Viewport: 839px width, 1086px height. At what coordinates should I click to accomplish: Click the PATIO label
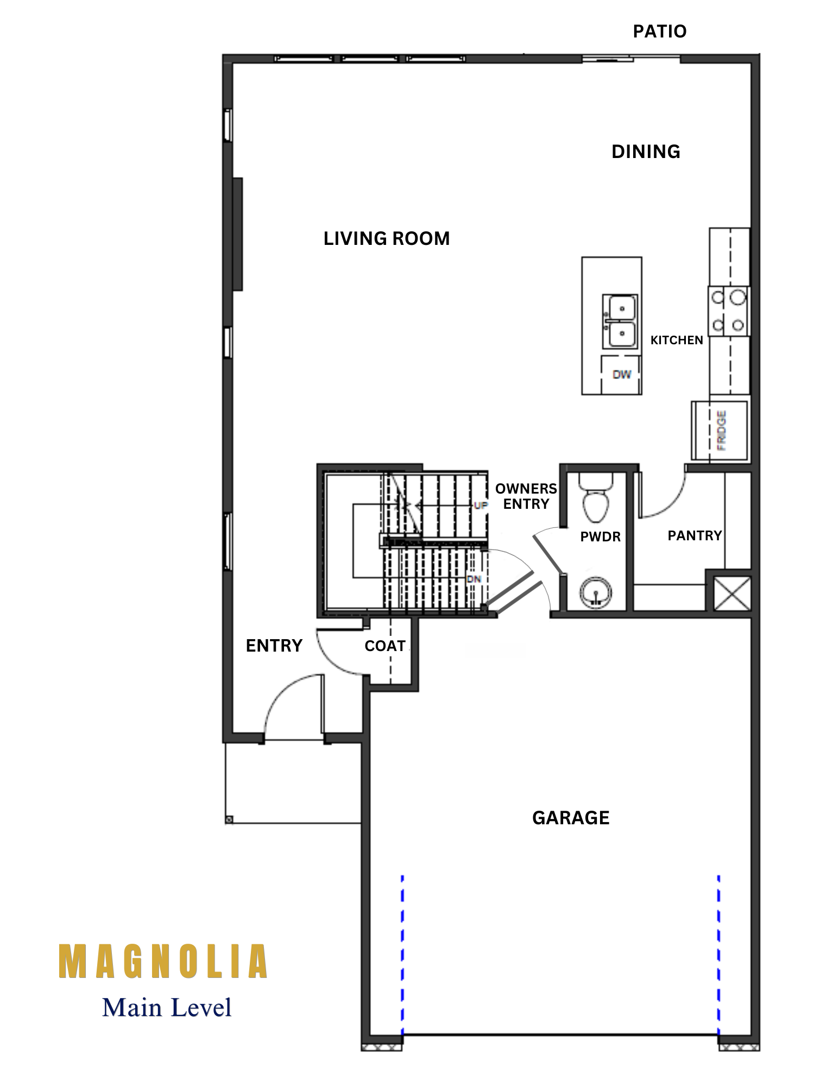[x=659, y=31]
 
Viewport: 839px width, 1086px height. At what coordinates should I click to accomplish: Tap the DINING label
[x=646, y=151]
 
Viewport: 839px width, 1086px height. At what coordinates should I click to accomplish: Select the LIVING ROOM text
[x=387, y=238]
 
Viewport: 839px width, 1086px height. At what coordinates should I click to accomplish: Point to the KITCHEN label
[x=677, y=340]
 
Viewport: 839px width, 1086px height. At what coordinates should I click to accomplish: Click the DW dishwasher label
[x=622, y=374]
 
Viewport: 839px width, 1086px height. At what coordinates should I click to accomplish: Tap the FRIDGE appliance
[x=720, y=431]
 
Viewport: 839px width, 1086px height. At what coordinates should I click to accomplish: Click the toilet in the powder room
[x=596, y=496]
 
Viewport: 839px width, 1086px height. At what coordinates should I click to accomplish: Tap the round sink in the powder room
[x=596, y=592]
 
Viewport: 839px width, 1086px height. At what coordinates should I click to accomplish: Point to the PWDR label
[x=600, y=536]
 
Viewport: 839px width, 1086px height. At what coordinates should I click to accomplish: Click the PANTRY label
[x=695, y=535]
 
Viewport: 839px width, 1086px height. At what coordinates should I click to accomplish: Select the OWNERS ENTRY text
[x=526, y=496]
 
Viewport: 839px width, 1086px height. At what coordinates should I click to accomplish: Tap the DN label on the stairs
[x=474, y=579]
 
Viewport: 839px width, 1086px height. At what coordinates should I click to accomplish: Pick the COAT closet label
[x=385, y=646]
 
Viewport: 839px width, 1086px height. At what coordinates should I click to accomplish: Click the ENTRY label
[x=274, y=645]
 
